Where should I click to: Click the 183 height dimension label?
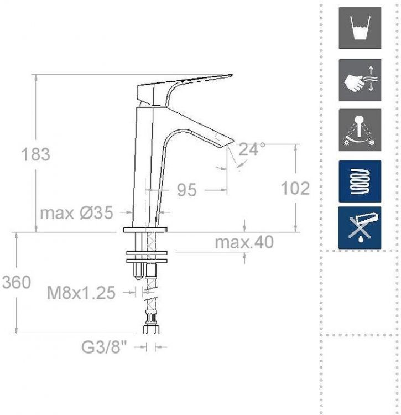pyautogui.click(x=36, y=154)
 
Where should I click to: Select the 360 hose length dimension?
pyautogui.click(x=17, y=282)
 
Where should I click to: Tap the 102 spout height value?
pyautogui.click(x=295, y=189)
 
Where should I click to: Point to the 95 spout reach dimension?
pyautogui.click(x=187, y=190)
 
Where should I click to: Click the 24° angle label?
pyautogui.click(x=252, y=149)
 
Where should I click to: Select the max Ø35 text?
pyautogui.click(x=76, y=212)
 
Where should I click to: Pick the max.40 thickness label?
pyautogui.click(x=244, y=242)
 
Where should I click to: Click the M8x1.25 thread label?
pyautogui.click(x=81, y=293)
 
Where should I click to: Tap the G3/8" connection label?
pyautogui.click(x=104, y=347)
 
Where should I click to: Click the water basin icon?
pyautogui.click(x=360, y=28)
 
